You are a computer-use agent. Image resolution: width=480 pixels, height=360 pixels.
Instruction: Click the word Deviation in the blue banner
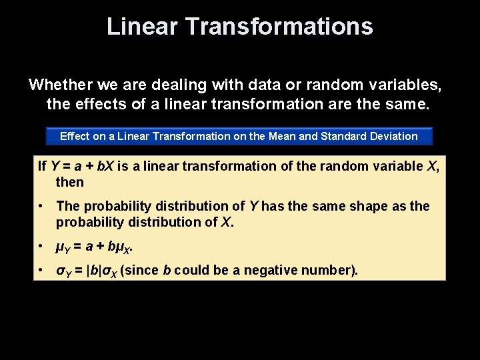click(x=395, y=137)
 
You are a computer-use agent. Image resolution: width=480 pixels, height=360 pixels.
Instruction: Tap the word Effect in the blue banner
click(x=75, y=137)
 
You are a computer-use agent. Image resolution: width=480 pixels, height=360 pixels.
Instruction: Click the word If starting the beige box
click(x=42, y=165)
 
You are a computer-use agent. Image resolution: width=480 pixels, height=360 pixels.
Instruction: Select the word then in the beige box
click(x=70, y=182)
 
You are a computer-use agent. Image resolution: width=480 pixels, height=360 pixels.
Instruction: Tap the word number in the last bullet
click(x=332, y=271)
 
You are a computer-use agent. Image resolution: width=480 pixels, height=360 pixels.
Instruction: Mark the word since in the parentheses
click(x=142, y=271)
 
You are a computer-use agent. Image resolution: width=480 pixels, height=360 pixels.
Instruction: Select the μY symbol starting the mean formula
click(x=63, y=247)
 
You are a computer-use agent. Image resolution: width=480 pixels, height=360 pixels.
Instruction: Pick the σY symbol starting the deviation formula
click(x=63, y=271)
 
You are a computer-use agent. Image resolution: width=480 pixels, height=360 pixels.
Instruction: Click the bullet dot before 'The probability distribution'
click(x=41, y=207)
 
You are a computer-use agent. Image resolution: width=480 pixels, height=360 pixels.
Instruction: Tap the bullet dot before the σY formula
click(x=41, y=271)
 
